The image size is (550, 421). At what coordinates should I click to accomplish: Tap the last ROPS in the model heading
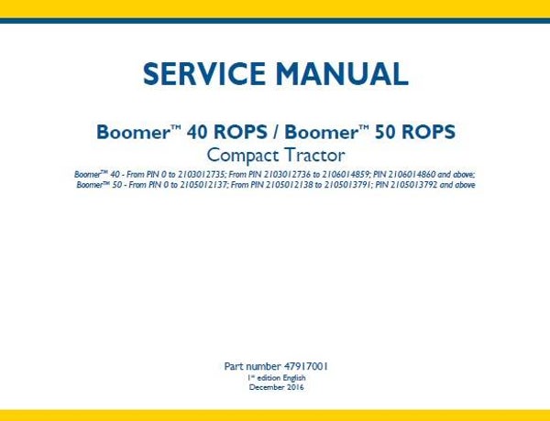pyautogui.click(x=425, y=132)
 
